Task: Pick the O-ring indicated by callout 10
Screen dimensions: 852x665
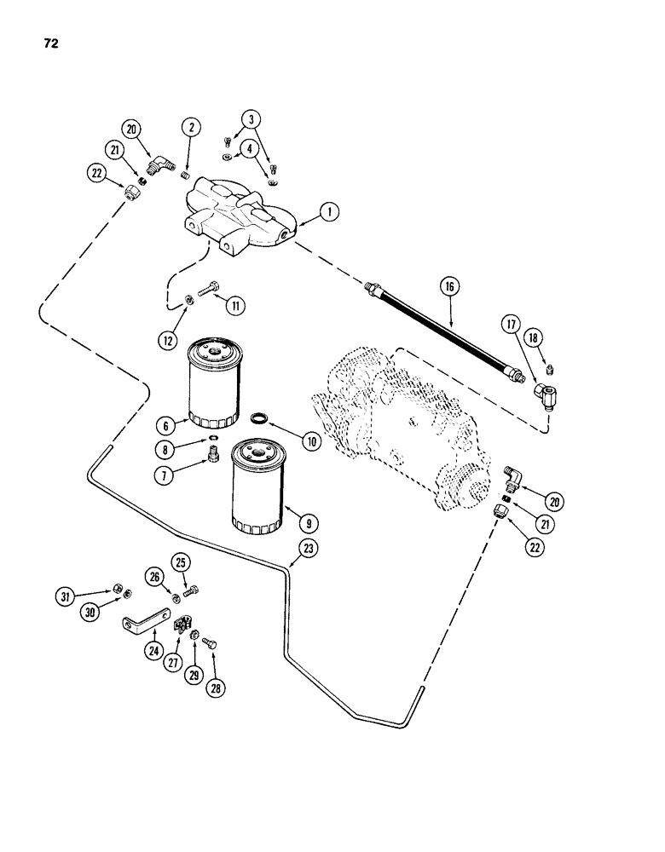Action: [260, 417]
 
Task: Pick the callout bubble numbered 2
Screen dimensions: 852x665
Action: [191, 128]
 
